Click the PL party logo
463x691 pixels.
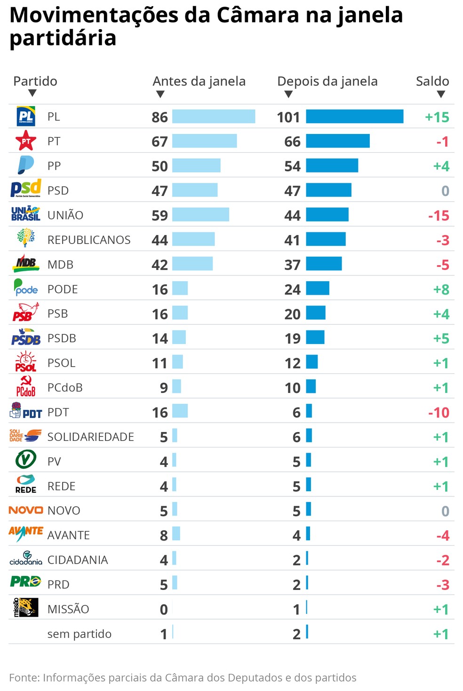click(26, 117)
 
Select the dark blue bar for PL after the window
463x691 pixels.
click(354, 117)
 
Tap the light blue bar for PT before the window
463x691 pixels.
click(204, 141)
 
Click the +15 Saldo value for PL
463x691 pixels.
click(437, 117)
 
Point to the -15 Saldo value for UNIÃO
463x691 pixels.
click(439, 216)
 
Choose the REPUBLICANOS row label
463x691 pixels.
click(89, 240)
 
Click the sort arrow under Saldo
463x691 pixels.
click(441, 94)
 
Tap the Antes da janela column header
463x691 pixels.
click(199, 81)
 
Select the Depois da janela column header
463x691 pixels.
click(327, 81)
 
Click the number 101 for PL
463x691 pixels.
click(288, 117)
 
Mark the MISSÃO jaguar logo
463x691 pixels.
click(26, 607)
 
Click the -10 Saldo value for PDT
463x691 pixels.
click(439, 413)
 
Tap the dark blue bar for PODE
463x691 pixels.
click(318, 288)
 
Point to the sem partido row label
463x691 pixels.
click(79, 634)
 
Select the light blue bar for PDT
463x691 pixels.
click(180, 411)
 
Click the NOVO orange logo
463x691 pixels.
click(26, 510)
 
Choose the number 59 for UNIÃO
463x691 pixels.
click(160, 216)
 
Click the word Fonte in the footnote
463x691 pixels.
click(24, 678)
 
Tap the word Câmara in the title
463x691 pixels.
click(258, 15)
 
